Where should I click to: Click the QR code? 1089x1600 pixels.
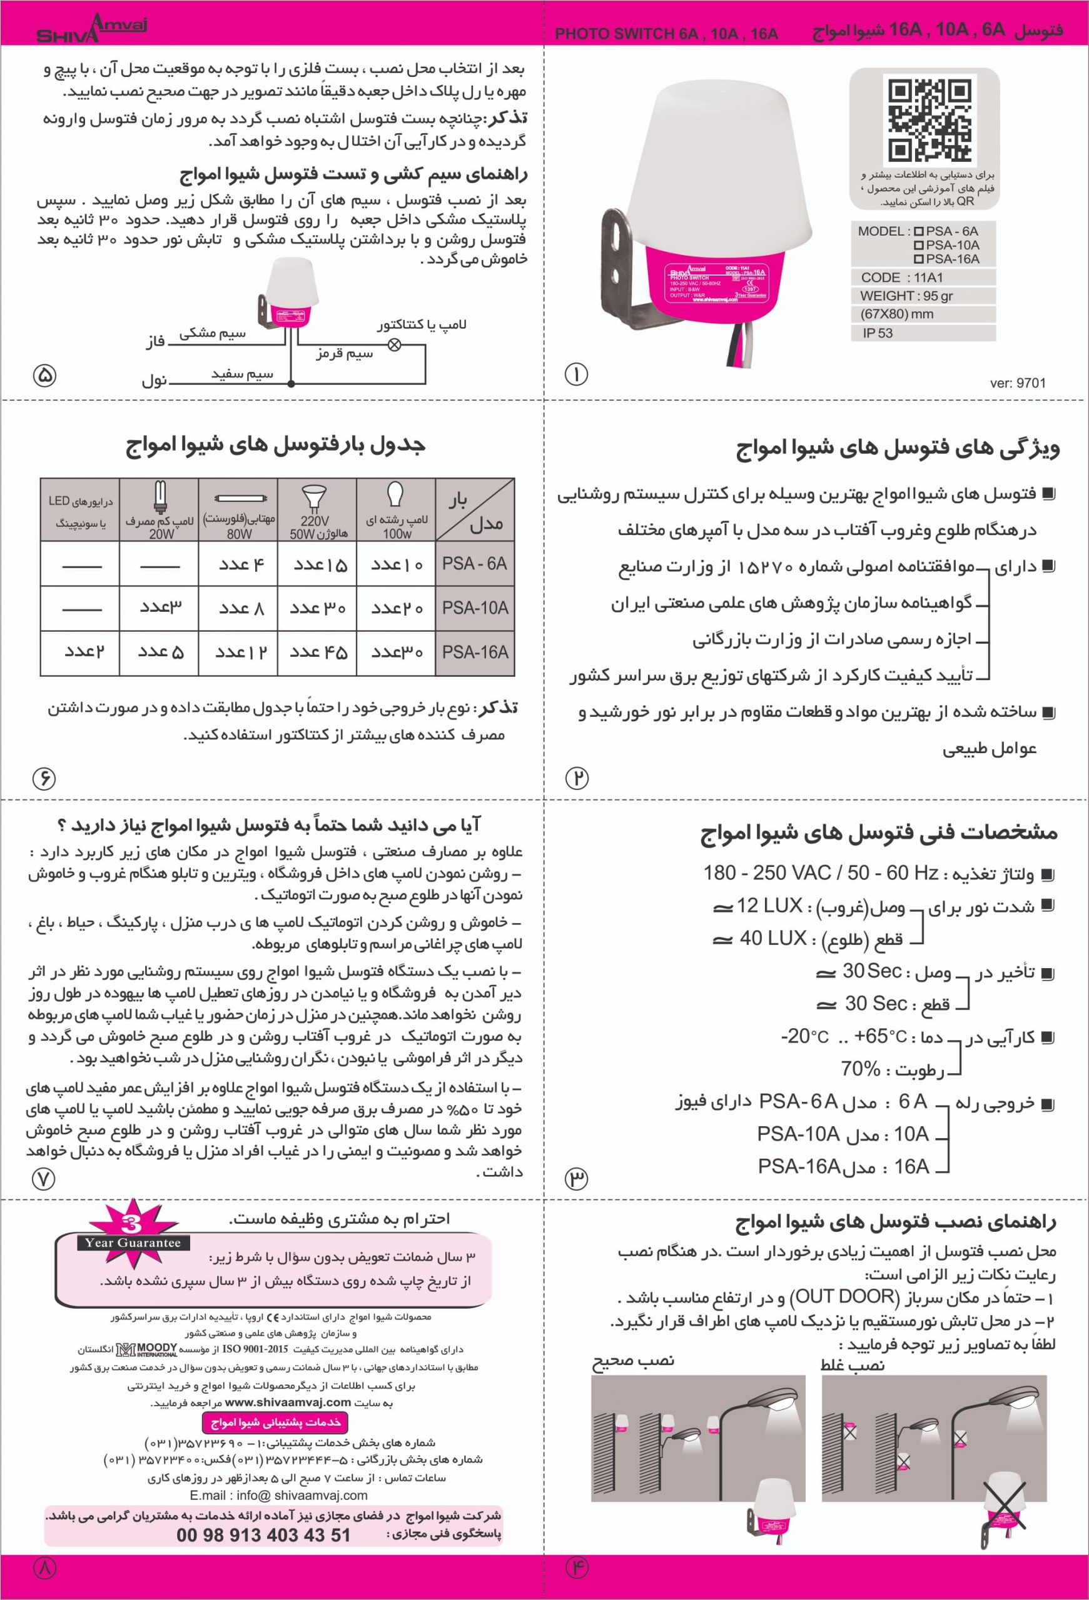(929, 121)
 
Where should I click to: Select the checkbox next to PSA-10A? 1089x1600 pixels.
(918, 245)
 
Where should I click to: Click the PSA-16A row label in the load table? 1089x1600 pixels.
(475, 652)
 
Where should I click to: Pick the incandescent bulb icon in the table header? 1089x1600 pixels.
(396, 495)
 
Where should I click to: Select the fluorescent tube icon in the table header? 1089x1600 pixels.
(238, 497)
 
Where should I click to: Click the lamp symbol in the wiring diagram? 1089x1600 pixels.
(395, 345)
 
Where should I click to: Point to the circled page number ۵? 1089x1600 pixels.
(45, 375)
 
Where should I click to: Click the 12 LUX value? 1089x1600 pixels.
(769, 906)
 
